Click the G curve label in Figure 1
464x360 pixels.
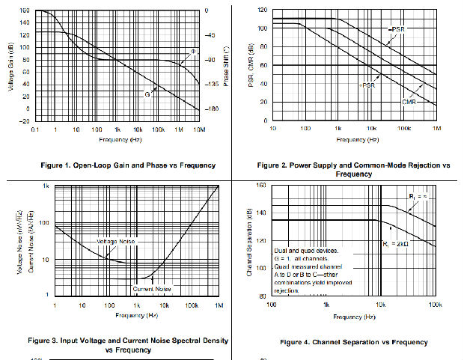click(147, 95)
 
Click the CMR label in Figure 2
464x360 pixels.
click(409, 102)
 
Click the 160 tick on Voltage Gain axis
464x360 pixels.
click(24, 10)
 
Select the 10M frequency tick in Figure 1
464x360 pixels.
click(199, 129)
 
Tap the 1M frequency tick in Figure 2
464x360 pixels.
click(436, 129)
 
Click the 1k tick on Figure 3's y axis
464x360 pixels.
click(45, 186)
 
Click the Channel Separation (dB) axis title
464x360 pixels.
click(249, 241)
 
